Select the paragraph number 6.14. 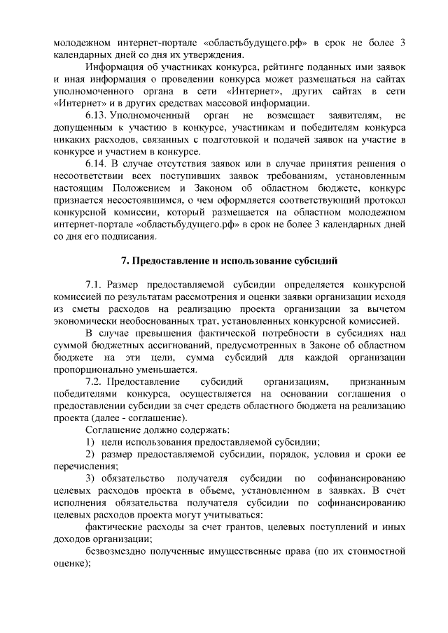pyautogui.click(x=96, y=163)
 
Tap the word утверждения pyautogui.click(x=210, y=55)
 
